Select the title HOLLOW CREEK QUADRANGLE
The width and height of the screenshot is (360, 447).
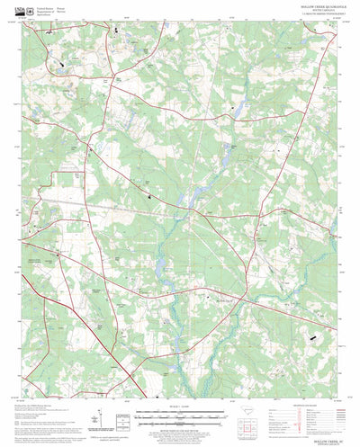pyautogui.click(x=306, y=8)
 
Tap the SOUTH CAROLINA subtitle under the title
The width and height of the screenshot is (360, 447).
pyautogui.click(x=306, y=12)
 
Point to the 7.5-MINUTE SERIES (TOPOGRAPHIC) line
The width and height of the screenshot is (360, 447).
pyautogui.click(x=306, y=16)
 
